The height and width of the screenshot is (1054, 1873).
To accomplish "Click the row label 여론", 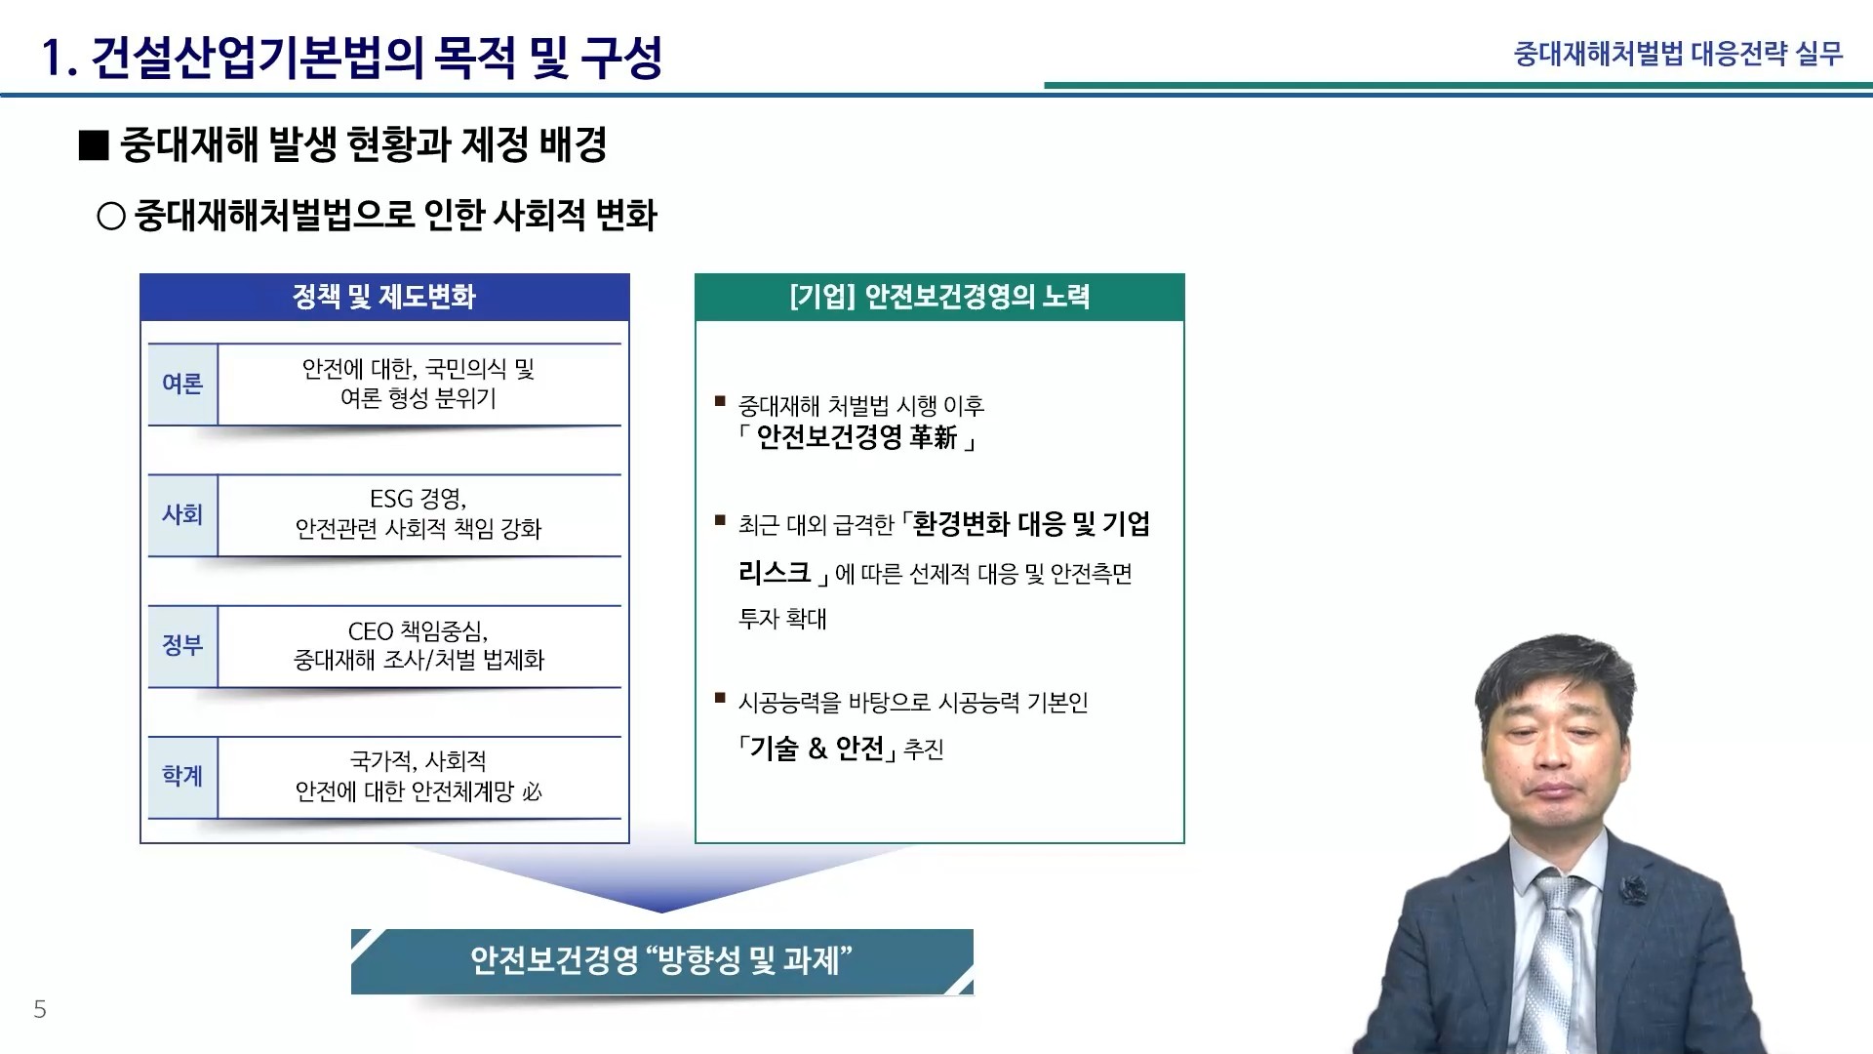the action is tap(182, 384).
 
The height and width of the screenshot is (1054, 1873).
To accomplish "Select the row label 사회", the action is tap(182, 514).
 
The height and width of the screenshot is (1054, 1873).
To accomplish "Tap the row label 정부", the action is tap(182, 645).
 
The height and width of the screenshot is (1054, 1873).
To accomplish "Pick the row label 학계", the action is tap(182, 776).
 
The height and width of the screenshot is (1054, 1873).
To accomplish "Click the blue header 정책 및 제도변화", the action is tap(384, 297).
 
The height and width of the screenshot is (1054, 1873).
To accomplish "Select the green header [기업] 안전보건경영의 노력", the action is tap(939, 297).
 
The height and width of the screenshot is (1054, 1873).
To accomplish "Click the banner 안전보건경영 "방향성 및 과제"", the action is tap(662, 961).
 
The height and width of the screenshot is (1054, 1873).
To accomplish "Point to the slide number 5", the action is tap(40, 1009).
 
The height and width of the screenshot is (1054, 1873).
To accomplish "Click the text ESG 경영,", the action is tap(418, 499).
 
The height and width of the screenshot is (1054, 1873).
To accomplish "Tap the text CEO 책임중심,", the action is tap(418, 631).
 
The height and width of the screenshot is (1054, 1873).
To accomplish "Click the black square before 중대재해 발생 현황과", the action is tap(94, 145).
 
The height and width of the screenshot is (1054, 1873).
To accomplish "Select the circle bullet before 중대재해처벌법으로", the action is tap(111, 216).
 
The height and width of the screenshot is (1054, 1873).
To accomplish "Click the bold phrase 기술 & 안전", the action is tap(817, 749).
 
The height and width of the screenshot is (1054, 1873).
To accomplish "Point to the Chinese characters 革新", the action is tap(934, 437).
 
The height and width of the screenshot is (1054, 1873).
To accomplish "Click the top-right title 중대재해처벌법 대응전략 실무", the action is tap(1678, 54).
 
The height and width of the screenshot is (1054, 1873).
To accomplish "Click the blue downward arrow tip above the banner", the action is tap(662, 912).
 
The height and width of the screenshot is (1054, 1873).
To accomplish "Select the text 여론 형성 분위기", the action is tap(418, 398).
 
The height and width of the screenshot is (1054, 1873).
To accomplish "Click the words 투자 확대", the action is tap(782, 619).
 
